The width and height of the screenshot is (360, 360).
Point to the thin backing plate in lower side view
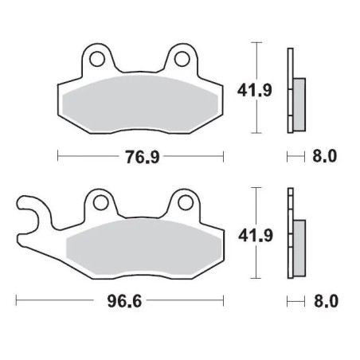(290, 235)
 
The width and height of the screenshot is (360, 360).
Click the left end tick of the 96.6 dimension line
(18, 302)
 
